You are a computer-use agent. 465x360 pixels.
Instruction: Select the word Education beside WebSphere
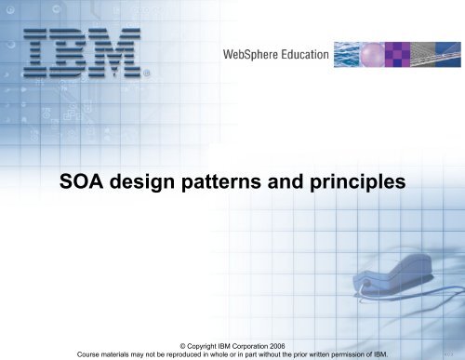[307, 55]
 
